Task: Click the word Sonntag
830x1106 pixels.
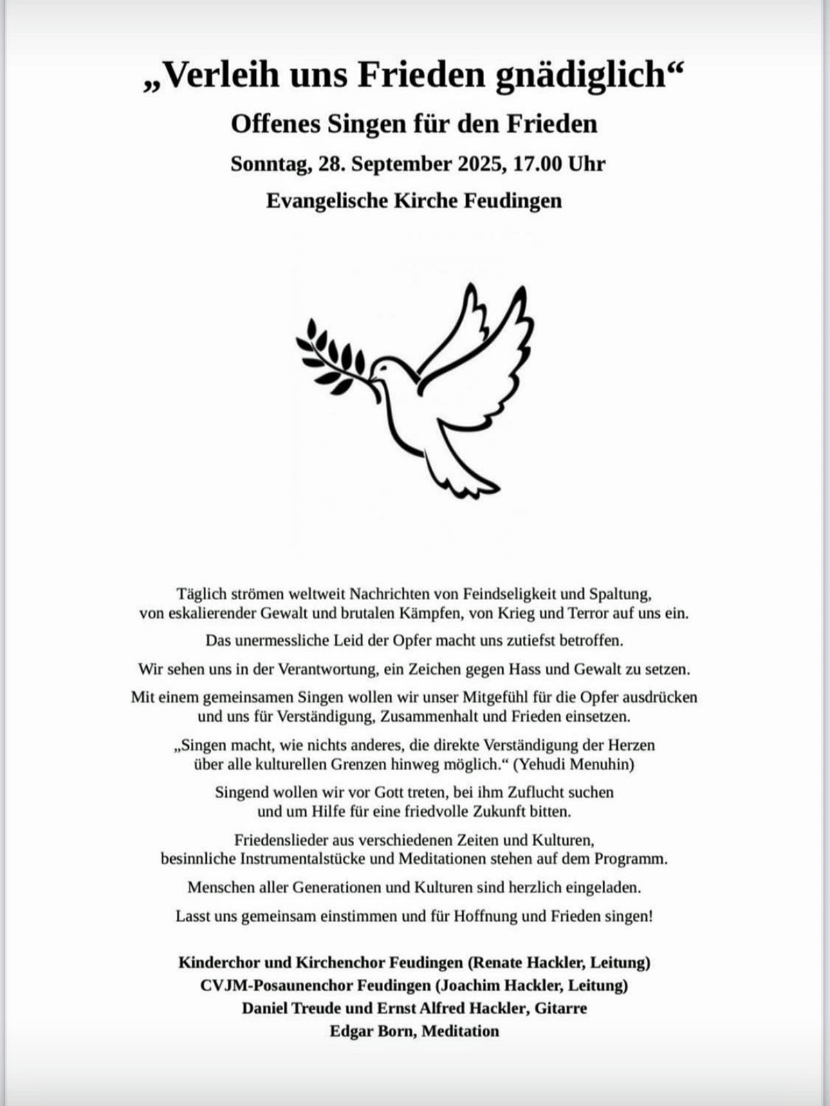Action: [270, 165]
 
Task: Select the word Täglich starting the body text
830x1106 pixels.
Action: [201, 594]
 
